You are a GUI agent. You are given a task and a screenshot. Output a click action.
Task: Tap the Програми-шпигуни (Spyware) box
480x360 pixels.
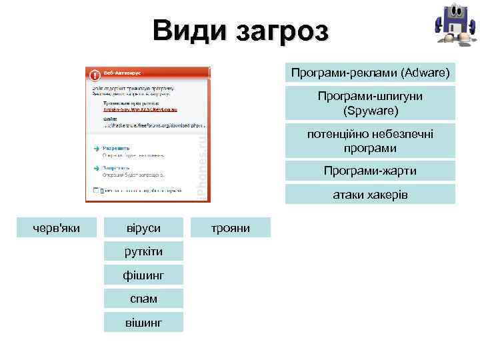370,103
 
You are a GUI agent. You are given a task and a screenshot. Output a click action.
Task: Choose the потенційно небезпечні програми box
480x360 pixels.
370,141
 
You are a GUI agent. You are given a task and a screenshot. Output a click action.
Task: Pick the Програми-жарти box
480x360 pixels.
370,171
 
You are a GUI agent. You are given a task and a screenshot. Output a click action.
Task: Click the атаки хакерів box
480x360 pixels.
370,195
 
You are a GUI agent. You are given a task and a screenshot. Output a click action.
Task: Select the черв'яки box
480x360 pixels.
57,228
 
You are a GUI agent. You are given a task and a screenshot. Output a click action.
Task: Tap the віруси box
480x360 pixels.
143,228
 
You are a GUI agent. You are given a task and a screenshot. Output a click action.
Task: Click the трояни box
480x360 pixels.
231,228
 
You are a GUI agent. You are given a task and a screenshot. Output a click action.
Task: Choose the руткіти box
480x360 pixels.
143,251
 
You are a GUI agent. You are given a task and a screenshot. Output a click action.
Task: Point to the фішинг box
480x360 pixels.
143,275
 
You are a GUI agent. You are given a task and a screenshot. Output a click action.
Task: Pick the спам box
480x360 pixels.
143,299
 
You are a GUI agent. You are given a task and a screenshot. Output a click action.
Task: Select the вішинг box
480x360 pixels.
143,323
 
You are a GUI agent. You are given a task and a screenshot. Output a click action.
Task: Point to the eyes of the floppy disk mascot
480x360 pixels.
453,13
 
